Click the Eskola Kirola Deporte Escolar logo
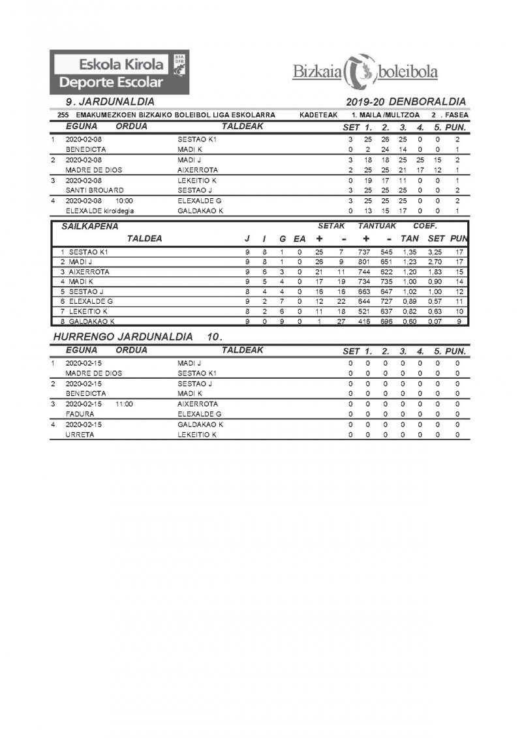coord(121,72)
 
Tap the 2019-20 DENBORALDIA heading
coord(406,102)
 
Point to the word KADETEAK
coord(318,115)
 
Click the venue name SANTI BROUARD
coord(94,190)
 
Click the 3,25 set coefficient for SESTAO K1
coord(435,251)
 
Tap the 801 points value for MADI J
coord(364,261)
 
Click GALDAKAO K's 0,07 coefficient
coord(435,321)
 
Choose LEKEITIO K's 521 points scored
coord(364,312)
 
